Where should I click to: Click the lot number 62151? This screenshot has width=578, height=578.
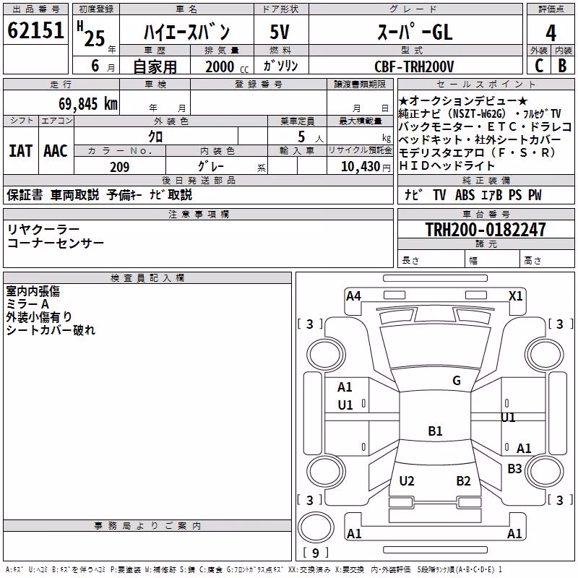(x=35, y=30)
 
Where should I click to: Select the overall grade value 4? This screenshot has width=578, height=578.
(x=551, y=33)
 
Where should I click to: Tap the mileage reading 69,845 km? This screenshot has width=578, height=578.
(x=88, y=103)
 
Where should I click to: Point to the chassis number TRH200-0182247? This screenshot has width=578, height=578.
(x=486, y=229)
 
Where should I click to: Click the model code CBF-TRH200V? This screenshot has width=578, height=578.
(x=414, y=66)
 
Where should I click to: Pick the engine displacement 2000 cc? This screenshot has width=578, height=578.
(x=227, y=66)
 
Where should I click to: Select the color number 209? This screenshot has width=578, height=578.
(x=119, y=167)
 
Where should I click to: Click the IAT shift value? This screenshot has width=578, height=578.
(x=21, y=151)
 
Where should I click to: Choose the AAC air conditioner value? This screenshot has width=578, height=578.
(x=56, y=151)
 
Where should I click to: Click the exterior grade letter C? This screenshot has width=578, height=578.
(x=539, y=66)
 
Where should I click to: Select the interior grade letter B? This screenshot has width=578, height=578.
(x=562, y=66)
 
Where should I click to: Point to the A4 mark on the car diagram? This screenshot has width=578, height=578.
(x=353, y=296)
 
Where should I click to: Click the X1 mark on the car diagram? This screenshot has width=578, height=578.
(x=515, y=296)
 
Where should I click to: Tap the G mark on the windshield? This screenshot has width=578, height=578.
(x=457, y=381)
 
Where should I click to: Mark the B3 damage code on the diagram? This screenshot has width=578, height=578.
(x=514, y=468)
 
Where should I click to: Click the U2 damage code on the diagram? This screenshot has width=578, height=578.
(x=407, y=480)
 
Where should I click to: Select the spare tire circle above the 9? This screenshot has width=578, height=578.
(x=316, y=527)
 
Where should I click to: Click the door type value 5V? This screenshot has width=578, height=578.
(x=280, y=32)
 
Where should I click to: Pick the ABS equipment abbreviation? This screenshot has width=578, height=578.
(x=465, y=194)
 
